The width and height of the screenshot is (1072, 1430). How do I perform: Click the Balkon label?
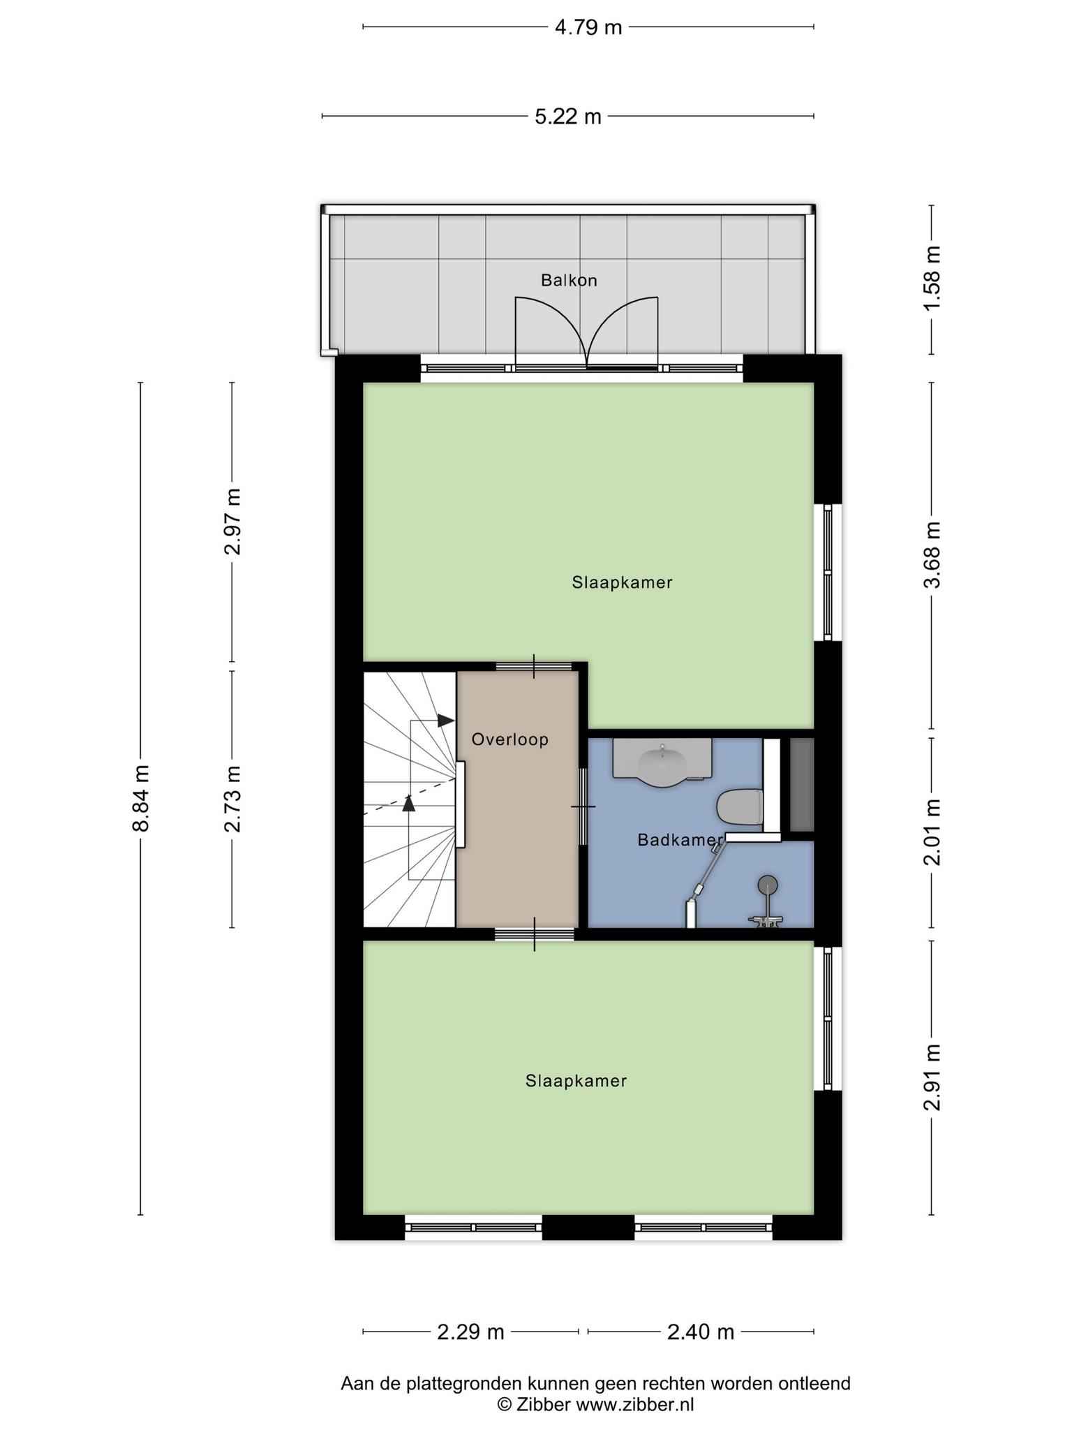(x=569, y=280)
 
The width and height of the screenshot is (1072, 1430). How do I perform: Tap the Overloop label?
(x=510, y=739)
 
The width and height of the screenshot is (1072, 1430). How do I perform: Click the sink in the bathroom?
(x=662, y=761)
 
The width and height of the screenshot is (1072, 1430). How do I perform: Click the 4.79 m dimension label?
(x=588, y=27)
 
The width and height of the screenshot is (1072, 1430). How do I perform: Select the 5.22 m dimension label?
(x=568, y=116)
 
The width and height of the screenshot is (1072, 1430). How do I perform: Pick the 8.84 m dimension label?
(x=141, y=797)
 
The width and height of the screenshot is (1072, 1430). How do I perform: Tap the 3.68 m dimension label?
(x=932, y=555)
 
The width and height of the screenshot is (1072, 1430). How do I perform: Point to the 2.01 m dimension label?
(x=932, y=832)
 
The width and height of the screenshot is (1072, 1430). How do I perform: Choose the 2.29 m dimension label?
(x=470, y=1332)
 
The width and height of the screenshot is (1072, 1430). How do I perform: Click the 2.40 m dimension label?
(x=701, y=1332)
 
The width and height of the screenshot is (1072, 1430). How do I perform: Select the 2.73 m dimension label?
(x=232, y=799)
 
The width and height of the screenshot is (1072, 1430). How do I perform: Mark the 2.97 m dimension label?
(x=232, y=522)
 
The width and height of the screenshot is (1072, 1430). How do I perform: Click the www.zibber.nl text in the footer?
(x=634, y=1404)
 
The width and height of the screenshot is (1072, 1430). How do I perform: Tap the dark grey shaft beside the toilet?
(x=802, y=784)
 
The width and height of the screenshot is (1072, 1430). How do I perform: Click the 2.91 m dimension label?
(x=932, y=1077)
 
